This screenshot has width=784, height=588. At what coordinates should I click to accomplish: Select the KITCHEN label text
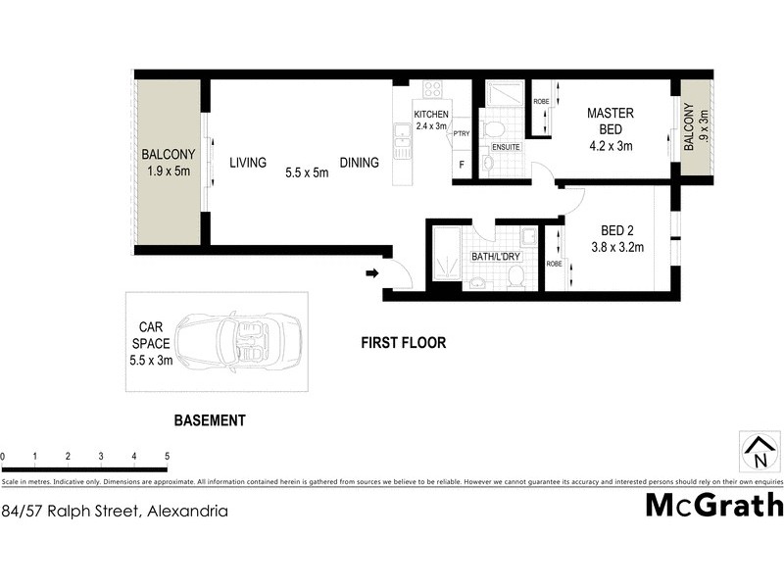pyautogui.click(x=431, y=115)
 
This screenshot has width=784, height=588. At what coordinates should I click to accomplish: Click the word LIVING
pyautogui.click(x=248, y=163)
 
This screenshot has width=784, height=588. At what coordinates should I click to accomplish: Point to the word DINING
pyautogui.click(x=360, y=163)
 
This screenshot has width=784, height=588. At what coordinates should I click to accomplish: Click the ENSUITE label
pyautogui.click(x=506, y=147)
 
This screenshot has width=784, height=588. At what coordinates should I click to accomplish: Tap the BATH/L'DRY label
pyautogui.click(x=495, y=257)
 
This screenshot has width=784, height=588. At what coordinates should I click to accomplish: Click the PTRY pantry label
pyautogui.click(x=462, y=133)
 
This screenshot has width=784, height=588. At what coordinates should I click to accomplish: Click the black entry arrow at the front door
pyautogui.click(x=372, y=273)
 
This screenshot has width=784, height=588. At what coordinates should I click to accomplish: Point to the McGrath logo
pyautogui.click(x=714, y=505)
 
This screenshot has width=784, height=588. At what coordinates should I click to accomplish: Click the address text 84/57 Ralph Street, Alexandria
pyautogui.click(x=116, y=511)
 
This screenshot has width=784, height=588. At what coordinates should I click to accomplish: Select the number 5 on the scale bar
pyautogui.click(x=167, y=457)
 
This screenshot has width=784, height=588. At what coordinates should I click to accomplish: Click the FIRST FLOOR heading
pyautogui.click(x=403, y=343)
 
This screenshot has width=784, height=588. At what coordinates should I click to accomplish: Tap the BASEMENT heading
pyautogui.click(x=209, y=420)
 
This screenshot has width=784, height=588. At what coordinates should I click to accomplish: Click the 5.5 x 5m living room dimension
pyautogui.click(x=306, y=172)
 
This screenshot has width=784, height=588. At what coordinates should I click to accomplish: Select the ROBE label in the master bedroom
pyautogui.click(x=540, y=101)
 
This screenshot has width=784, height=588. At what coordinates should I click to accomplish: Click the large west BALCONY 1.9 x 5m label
pyautogui.click(x=169, y=163)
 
